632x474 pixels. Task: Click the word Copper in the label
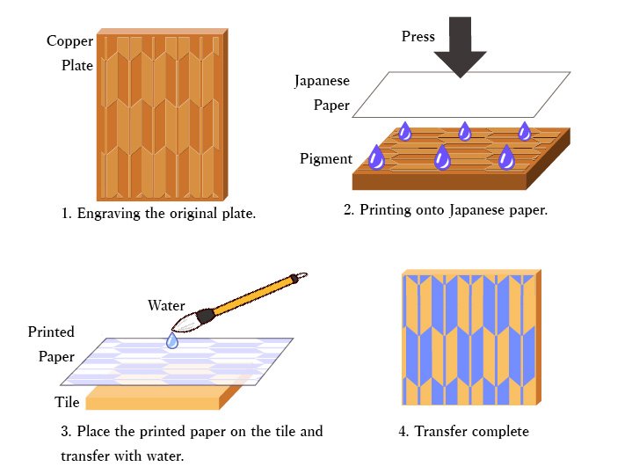(x=69, y=41)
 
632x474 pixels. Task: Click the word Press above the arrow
(x=418, y=36)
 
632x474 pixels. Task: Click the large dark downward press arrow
(x=460, y=49)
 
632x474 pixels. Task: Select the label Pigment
(x=326, y=159)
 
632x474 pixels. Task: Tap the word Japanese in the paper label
(x=322, y=81)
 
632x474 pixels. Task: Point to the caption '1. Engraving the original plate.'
(x=159, y=214)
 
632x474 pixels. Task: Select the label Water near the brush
(x=166, y=306)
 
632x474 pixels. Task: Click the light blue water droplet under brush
(x=173, y=339)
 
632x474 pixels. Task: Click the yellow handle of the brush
(x=254, y=295)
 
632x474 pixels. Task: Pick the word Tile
(x=69, y=403)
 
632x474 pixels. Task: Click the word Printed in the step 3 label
(x=51, y=332)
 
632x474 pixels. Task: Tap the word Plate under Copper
(x=77, y=65)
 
